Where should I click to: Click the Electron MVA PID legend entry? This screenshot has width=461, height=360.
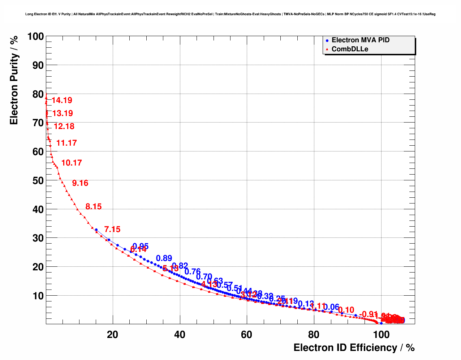pyautogui.click(x=360, y=40)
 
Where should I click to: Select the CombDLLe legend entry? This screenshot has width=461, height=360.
pyautogui.click(x=349, y=49)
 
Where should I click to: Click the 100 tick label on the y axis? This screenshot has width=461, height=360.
pyautogui.click(x=35, y=37)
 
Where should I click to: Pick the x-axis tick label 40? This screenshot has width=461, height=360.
pyautogui.click(x=180, y=335)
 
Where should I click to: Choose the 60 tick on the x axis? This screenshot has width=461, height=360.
pyautogui.click(x=246, y=335)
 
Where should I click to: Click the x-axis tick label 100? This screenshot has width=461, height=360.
pyautogui.click(x=381, y=335)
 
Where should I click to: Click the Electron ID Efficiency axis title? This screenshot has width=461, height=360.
pyautogui.click(x=354, y=348)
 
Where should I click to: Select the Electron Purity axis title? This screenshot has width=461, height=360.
pyautogui.click(x=14, y=80)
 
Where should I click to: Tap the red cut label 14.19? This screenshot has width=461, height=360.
pyautogui.click(x=62, y=100)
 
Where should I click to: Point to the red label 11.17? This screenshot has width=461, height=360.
pyautogui.click(x=66, y=143)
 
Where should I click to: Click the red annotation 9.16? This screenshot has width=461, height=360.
pyautogui.click(x=80, y=183)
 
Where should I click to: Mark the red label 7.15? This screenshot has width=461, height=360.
pyautogui.click(x=112, y=230)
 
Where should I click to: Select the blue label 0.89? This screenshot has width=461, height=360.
pyautogui.click(x=164, y=258)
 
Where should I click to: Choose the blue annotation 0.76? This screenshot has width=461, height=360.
pyautogui.click(x=192, y=272)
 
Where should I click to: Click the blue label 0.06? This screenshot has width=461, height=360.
pyautogui.click(x=331, y=308)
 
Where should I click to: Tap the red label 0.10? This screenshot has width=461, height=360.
pyautogui.click(x=346, y=310)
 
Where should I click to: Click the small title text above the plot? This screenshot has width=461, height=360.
pyautogui.click(x=230, y=14)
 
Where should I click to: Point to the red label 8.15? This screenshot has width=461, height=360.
pyautogui.click(x=93, y=207)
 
